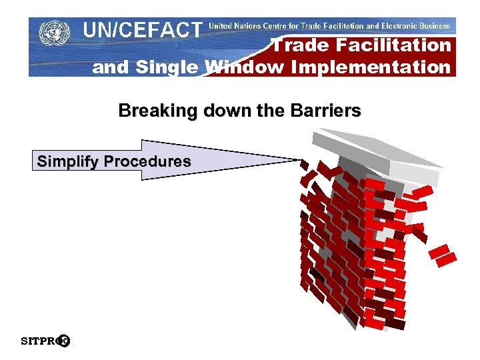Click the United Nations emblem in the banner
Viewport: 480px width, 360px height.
[54, 33]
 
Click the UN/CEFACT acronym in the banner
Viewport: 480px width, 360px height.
[142, 30]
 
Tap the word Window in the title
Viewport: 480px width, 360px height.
[235, 67]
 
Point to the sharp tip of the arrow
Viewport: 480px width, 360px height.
[302, 159]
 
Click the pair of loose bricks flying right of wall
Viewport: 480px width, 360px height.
[443, 255]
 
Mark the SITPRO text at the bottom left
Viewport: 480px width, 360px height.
[39, 342]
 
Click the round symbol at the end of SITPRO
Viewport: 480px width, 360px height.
[64, 341]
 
